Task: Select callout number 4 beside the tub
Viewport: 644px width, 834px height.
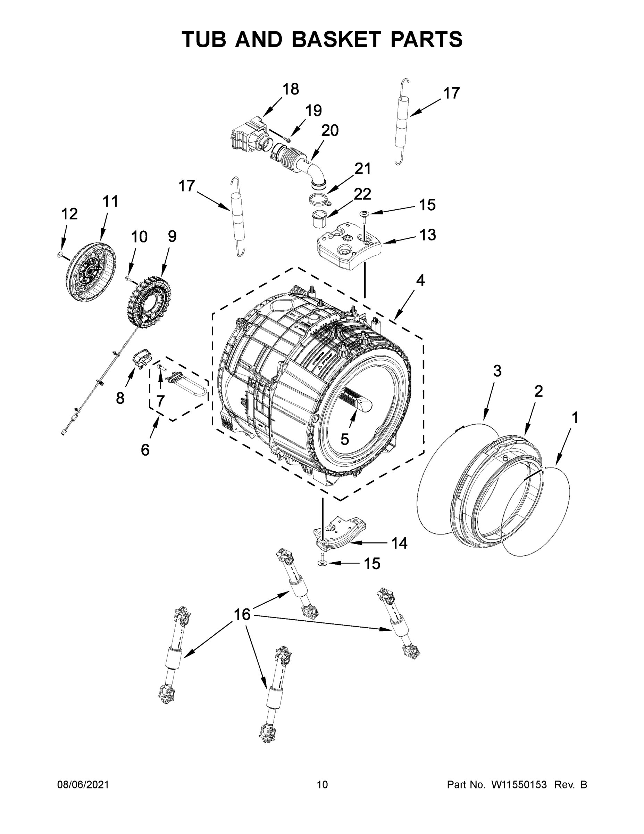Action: point(420,281)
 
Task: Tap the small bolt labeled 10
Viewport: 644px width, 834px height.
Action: point(128,279)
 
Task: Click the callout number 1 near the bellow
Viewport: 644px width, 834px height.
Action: point(575,417)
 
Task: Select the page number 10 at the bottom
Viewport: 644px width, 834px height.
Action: point(323,785)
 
